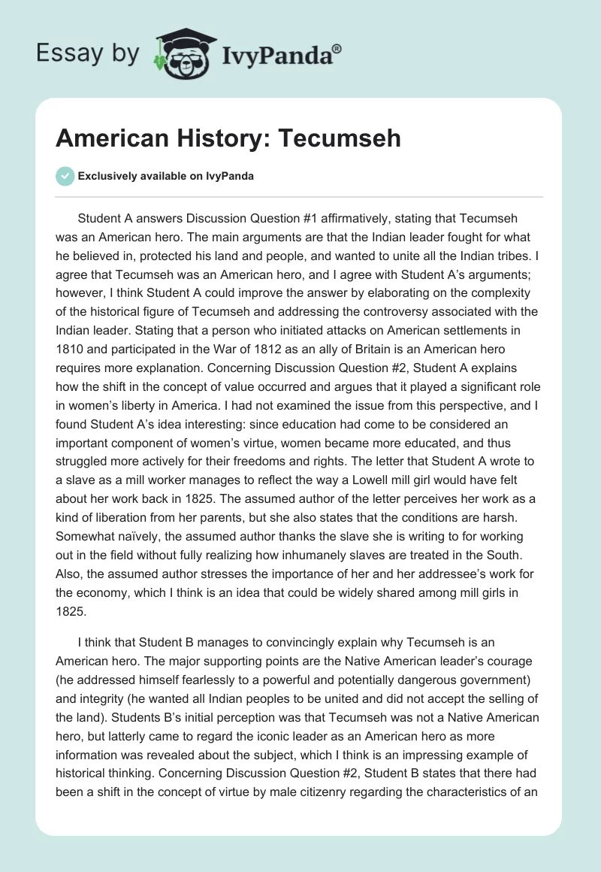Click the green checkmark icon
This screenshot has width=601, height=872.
tap(65, 177)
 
